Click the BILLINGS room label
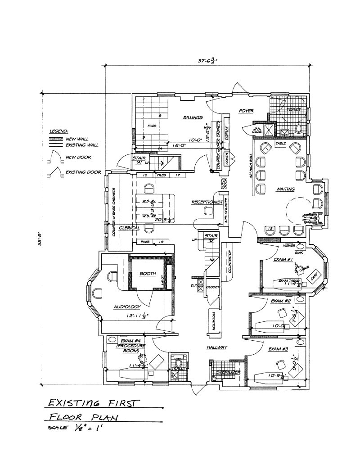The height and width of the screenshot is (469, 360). (x=193, y=117)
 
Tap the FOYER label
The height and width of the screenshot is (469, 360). (x=246, y=111)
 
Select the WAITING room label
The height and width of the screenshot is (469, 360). (x=285, y=189)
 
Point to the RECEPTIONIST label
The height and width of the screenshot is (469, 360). (x=207, y=202)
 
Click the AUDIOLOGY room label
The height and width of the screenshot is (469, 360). (x=127, y=307)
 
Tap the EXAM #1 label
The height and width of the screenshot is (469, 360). (x=283, y=260)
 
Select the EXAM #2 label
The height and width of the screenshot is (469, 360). (x=281, y=301)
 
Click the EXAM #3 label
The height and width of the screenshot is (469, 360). (x=279, y=349)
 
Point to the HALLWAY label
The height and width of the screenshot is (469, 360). (x=216, y=347)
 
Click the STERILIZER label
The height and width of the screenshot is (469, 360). (x=228, y=372)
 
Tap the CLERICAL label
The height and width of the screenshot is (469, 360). (x=129, y=228)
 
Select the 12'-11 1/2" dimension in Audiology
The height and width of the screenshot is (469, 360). (x=138, y=316)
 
